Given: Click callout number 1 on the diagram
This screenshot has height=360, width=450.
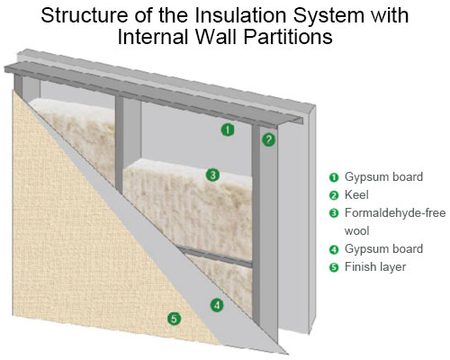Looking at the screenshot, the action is tap(228, 130).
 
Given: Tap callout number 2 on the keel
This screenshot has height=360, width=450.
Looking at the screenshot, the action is tap(268, 139).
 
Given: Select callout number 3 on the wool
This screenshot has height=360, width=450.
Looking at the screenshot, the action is tap(212, 175).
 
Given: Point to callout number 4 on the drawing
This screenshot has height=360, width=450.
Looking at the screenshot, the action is tap(217, 305).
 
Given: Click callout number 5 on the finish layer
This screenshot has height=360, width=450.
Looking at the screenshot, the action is tap(175, 319).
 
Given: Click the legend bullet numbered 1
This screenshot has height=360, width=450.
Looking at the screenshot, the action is tap(334, 177).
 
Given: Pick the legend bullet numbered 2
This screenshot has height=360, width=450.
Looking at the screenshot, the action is tap(334, 195).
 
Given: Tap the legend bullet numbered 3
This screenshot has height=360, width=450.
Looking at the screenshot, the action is tap(334, 213).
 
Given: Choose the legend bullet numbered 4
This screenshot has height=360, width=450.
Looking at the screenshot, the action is tap(334, 249).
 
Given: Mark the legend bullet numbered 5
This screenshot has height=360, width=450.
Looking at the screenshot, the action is tap(334, 267).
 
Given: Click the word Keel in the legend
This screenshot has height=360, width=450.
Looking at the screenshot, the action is tap(356, 195).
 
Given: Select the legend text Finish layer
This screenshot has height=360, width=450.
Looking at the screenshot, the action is tap(375, 267).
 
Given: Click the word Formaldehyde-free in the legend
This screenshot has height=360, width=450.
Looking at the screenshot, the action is tap(395, 213).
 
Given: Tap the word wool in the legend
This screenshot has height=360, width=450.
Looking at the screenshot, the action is tap(356, 231).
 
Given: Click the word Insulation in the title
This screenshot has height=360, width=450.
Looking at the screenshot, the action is tap(242, 15).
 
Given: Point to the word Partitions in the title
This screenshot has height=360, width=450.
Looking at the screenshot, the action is tap(287, 37).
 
